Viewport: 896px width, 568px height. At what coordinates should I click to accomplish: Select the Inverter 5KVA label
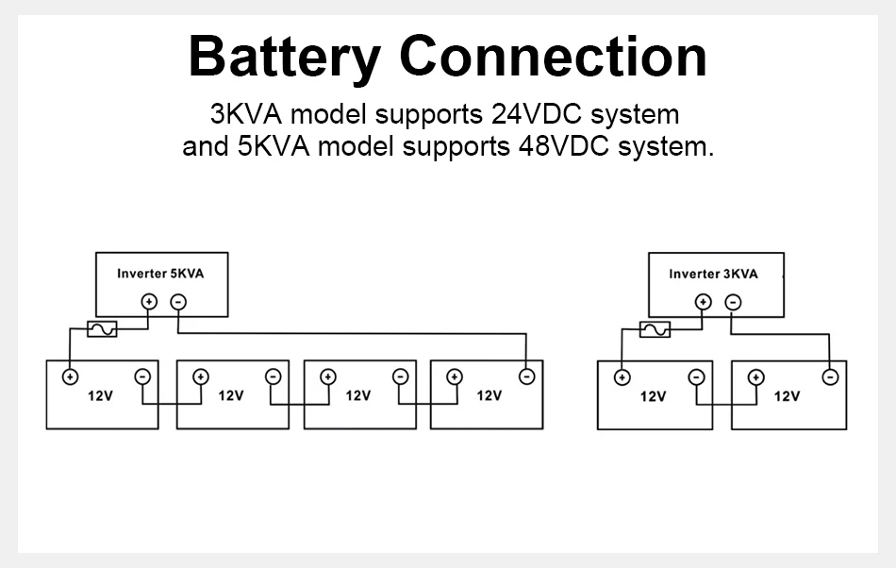click(160, 274)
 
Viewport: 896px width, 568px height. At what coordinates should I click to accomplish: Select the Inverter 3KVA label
click(713, 274)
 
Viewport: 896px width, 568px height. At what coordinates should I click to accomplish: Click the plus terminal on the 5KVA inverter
click(148, 302)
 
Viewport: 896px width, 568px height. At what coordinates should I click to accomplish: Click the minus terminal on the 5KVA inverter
click(178, 302)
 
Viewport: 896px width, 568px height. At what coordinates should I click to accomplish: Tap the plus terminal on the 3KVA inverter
click(703, 302)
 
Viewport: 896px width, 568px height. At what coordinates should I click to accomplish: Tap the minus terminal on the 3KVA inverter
click(732, 302)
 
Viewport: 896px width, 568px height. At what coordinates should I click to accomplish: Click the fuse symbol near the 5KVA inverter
click(102, 329)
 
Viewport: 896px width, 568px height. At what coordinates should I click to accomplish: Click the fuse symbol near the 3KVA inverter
click(655, 329)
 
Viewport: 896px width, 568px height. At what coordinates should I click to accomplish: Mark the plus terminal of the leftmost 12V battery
click(70, 376)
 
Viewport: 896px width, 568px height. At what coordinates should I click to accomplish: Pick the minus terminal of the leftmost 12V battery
click(142, 376)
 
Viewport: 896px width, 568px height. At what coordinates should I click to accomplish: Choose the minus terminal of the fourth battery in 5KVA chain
click(527, 376)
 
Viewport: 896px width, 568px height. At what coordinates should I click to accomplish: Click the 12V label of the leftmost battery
click(100, 396)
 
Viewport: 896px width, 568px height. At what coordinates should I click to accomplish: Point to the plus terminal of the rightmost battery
click(756, 377)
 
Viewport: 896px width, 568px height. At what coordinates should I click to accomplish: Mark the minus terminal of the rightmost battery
click(830, 377)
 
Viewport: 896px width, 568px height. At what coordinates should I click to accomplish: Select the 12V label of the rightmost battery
click(787, 396)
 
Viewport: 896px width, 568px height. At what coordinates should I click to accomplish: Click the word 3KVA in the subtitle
click(247, 114)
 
